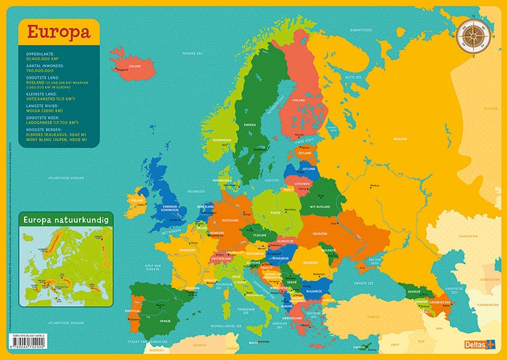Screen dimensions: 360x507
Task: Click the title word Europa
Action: point(58,32)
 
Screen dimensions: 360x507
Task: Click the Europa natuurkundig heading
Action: point(65,218)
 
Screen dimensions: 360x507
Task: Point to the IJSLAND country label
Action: point(135,66)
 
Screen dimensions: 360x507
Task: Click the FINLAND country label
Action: point(298,100)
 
